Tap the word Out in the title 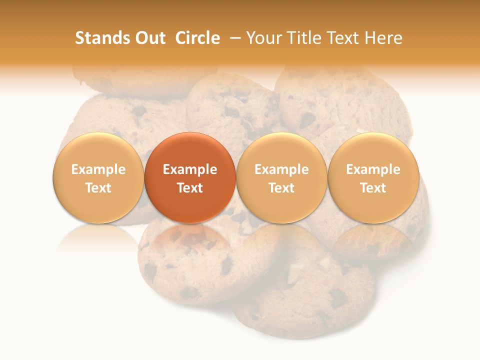point(149,38)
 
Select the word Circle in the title point(197,38)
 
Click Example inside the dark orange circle point(190,169)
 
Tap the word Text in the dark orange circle point(190,188)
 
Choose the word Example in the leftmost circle point(98,169)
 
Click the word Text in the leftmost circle point(98,188)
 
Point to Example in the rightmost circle point(373,169)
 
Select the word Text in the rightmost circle point(373,188)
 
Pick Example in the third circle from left point(281,169)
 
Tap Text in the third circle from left point(281,188)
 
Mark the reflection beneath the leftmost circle point(98,237)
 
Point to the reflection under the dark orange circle point(190,237)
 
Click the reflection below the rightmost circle point(373,237)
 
